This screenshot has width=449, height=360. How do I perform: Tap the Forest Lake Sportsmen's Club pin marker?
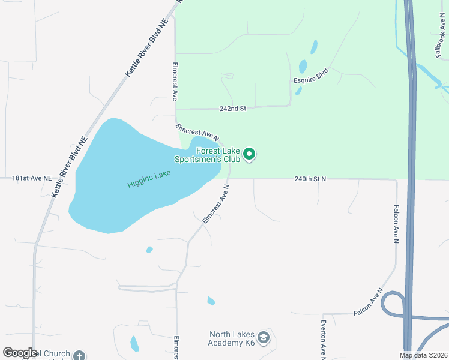tap(249, 155)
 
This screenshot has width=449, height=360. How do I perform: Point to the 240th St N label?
tap(310, 178)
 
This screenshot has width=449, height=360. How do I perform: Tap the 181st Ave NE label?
tap(26, 178)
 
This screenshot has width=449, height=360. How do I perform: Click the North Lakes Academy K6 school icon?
tap(264, 339)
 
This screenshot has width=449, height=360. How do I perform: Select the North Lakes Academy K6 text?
tap(232, 339)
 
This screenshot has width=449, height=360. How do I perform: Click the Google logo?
tap(19, 353)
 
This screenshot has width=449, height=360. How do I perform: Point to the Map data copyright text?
tap(423, 355)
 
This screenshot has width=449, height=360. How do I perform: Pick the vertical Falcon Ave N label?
tap(396, 224)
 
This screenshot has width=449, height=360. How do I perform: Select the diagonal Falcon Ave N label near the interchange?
tap(368, 302)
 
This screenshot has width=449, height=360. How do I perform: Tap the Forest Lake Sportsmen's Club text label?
tap(207, 155)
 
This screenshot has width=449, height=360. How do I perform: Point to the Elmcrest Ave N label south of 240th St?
tap(216, 205)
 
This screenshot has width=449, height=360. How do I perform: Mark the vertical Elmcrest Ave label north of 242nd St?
tap(175, 80)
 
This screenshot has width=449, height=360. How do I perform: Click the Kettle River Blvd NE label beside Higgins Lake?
tap(70, 167)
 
